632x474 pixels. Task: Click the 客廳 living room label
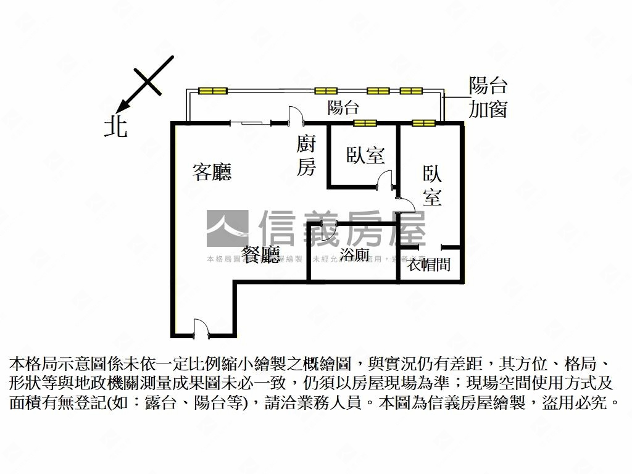212,172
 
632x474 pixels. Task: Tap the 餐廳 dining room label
260,255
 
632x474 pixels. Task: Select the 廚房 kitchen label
306,156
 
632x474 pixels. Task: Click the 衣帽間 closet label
430,265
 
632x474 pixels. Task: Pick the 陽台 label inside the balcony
343,108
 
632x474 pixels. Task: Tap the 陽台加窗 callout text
488,98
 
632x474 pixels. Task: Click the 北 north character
115,127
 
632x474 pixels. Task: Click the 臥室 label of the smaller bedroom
365,155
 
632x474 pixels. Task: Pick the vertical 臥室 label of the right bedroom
432,185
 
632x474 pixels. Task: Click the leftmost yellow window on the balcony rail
213,91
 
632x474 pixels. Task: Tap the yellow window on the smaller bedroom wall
365,123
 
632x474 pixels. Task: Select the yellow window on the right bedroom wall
424,123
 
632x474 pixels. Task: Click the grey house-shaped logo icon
227,228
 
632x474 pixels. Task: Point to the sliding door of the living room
250,123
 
